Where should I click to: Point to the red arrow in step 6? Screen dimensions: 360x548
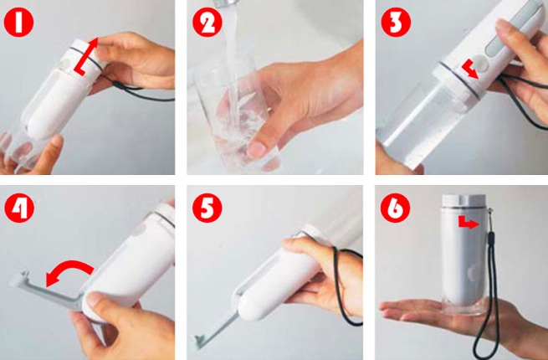pyautogui.click(x=467, y=223)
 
